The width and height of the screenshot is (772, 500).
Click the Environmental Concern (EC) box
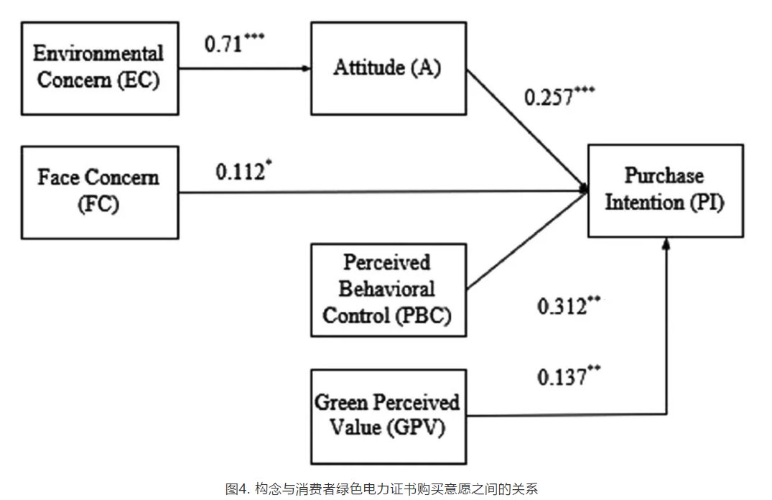point(100,68)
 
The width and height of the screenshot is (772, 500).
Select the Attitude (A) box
point(389,68)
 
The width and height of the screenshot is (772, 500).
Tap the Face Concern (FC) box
point(100,193)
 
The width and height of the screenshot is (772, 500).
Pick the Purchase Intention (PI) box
point(666,190)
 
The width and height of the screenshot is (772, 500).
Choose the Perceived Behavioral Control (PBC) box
point(389,290)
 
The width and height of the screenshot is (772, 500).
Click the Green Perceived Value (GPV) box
point(389,417)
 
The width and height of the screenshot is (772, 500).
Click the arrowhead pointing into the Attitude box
point(307,68)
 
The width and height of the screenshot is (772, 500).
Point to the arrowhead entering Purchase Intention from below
point(666,242)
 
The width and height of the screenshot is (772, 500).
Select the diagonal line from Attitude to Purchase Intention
point(527,129)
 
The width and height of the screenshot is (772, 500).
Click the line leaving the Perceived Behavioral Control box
point(527,241)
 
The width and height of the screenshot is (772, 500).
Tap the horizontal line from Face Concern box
point(383,192)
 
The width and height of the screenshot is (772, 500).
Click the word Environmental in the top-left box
point(98,53)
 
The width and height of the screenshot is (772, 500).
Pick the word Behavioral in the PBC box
point(387,289)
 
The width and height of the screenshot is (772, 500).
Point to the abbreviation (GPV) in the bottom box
point(416,427)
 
